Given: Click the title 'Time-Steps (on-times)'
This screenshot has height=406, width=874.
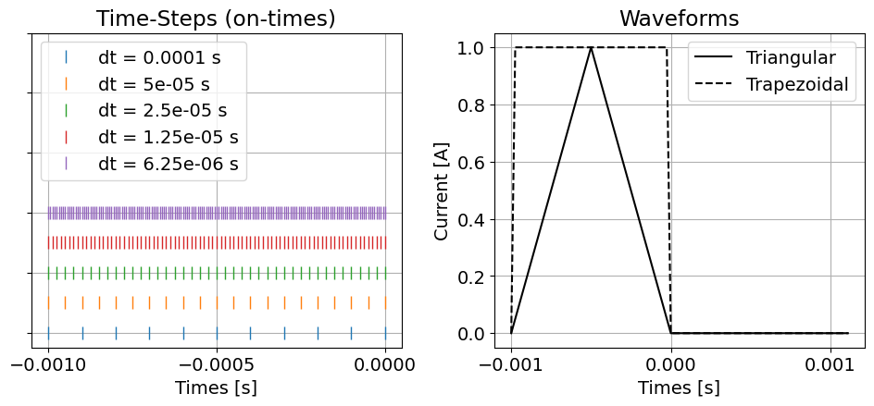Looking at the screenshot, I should pyautogui.click(x=217, y=18).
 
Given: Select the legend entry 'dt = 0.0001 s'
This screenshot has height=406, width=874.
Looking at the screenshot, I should pyautogui.click(x=159, y=57).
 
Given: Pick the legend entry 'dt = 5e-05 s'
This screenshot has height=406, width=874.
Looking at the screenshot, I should pyautogui.click(x=154, y=84).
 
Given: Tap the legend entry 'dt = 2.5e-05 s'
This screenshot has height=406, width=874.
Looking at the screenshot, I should pyautogui.click(x=159, y=111).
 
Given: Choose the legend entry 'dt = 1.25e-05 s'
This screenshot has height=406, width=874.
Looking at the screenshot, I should pyautogui.click(x=168, y=138).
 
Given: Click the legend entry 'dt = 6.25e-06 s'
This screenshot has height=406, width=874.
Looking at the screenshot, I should pyautogui.click(x=168, y=164).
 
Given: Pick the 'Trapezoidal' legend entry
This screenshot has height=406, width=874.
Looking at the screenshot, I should pyautogui.click(x=799, y=84).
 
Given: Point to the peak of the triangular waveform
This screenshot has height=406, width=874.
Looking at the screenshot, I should pyautogui.click(x=591, y=47).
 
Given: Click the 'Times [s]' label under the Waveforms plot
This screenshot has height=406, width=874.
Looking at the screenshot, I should pyautogui.click(x=679, y=388).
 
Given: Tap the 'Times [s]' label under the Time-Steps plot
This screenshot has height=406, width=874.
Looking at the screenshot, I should pyautogui.click(x=217, y=388).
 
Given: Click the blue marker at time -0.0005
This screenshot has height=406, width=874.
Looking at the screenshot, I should pyautogui.click(x=217, y=333).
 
